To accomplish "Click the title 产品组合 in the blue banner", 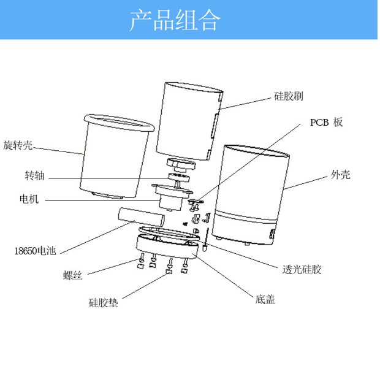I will coord(175,21).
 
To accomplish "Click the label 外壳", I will coord(340,175).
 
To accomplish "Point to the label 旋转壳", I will coord(18,145).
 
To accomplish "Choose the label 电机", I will coord(29,199).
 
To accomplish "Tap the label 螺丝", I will coord(72,275).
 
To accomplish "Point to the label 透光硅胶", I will coord(302,269).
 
